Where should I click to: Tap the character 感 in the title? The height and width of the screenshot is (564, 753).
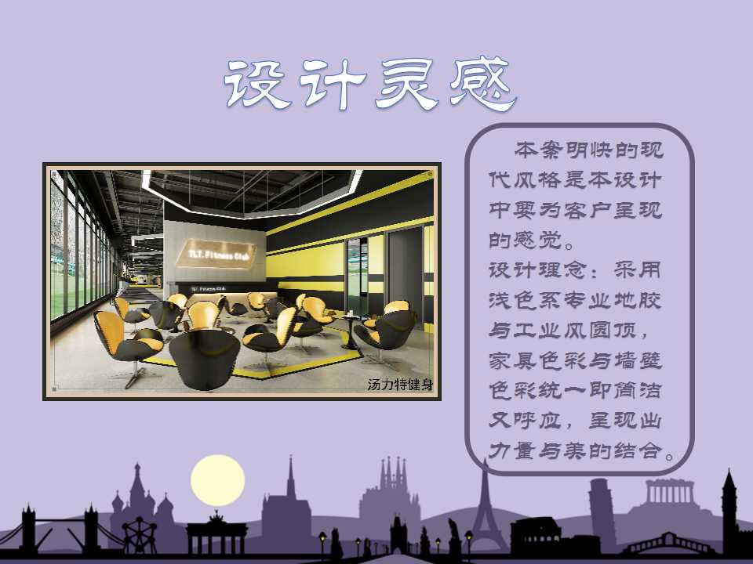point(483,85)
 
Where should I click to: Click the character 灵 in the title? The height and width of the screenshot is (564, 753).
point(407,85)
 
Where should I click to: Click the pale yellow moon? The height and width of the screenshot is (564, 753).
point(217,480)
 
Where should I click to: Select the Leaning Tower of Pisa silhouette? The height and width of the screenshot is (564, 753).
point(602,513)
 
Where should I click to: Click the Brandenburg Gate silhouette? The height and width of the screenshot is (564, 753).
point(216,533)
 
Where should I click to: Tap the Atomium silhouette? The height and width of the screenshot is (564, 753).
point(140,535)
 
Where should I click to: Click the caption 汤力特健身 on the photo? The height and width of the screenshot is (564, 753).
point(400,384)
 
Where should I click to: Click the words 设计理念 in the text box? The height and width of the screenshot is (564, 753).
point(538,270)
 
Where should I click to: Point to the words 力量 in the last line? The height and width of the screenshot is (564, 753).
point(513,451)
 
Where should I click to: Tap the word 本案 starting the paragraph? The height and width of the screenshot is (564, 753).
point(539,150)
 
